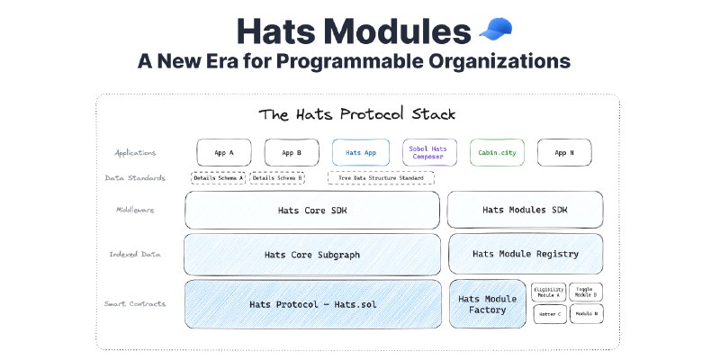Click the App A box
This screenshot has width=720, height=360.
click(x=224, y=152)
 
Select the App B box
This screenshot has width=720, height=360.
click(x=292, y=152)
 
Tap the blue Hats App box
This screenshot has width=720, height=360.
click(x=360, y=152)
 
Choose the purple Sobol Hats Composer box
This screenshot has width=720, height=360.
click(x=428, y=152)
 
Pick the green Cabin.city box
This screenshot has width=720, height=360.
click(x=496, y=152)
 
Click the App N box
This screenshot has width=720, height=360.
click(x=564, y=152)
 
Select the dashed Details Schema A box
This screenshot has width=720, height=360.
click(x=218, y=178)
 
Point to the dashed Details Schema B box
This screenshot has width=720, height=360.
click(x=277, y=178)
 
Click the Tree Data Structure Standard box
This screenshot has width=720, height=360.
click(x=381, y=178)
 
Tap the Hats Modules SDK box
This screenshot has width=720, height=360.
click(x=526, y=210)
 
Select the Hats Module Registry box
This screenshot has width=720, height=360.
click(x=526, y=254)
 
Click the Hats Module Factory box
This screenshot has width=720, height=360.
click(x=488, y=304)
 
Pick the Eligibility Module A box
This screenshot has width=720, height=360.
click(x=549, y=292)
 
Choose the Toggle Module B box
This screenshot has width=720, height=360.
click(x=585, y=292)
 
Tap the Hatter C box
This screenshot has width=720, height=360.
click(x=549, y=314)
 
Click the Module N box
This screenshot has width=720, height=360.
click(x=585, y=314)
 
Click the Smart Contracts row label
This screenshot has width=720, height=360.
click(x=135, y=304)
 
